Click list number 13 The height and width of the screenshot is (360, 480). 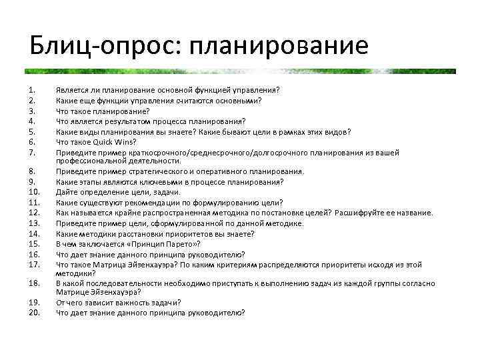tap(34, 223)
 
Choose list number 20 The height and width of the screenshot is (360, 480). tap(35, 312)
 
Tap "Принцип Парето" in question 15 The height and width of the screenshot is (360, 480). tap(151, 243)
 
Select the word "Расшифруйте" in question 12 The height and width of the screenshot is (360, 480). tap(361, 213)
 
